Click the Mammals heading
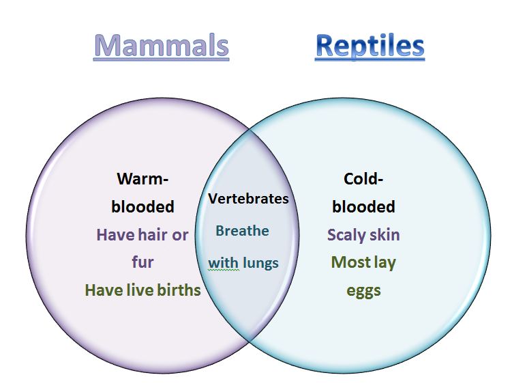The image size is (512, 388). tap(162, 45)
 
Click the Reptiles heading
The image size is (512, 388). tap(370, 46)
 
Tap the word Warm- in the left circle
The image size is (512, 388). tap(142, 179)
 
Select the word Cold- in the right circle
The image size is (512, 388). tap(363, 179)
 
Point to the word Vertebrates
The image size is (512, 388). tap(248, 199)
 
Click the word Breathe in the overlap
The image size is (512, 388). tap(242, 231)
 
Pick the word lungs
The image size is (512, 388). tap(260, 264)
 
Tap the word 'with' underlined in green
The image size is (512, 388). tap(224, 263)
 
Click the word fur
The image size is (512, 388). tap(142, 262)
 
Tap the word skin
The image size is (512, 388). tap(382, 234)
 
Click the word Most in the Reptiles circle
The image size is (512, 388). tap(348, 262)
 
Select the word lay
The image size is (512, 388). tap(382, 263)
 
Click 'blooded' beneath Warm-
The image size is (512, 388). tap(142, 207)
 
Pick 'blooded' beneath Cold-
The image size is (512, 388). tap(363, 207)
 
